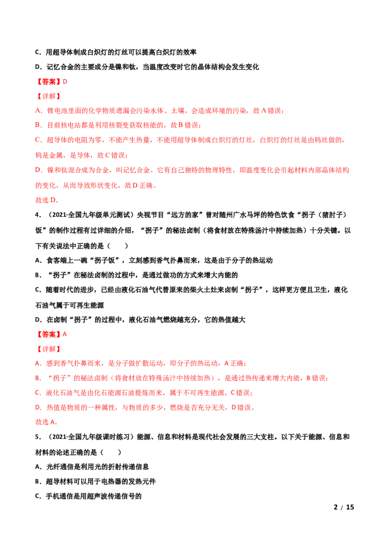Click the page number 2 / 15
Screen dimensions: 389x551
[x=344, y=507]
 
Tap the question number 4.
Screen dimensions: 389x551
[x=38, y=215]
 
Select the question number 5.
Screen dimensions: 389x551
[x=38, y=437]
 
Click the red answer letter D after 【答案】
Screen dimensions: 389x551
[x=65, y=81]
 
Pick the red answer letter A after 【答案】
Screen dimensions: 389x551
[x=65, y=334]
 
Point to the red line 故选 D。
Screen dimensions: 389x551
[x=47, y=200]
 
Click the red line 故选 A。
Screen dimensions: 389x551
[x=47, y=422]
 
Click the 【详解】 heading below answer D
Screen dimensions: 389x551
[x=49, y=96]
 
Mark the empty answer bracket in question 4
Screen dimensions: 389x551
[x=117, y=246]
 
